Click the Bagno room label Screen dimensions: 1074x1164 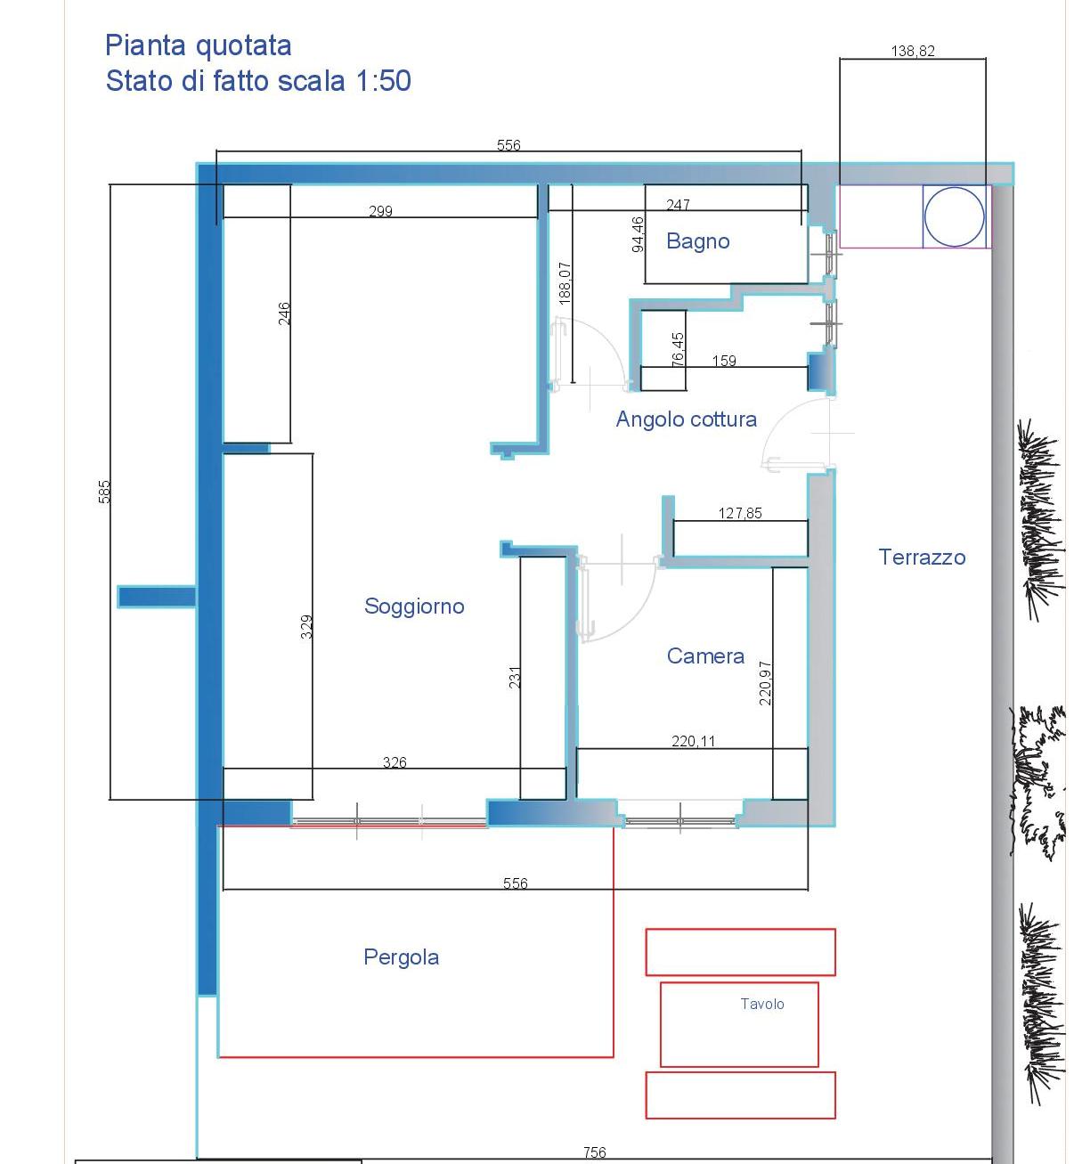(x=697, y=240)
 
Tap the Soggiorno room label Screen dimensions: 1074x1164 (x=414, y=606)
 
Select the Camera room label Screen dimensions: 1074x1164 (x=705, y=655)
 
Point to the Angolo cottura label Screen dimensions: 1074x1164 (x=686, y=419)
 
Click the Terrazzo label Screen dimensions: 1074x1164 (x=922, y=557)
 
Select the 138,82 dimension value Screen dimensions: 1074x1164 (x=913, y=51)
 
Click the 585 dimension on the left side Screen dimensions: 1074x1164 (x=104, y=492)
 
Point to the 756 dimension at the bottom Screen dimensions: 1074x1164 (x=595, y=1152)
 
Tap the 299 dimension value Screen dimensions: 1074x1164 (x=380, y=211)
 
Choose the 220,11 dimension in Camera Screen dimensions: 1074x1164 (x=694, y=742)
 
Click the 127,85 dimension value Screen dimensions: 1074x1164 (x=740, y=514)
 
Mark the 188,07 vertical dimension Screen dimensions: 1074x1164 (x=565, y=283)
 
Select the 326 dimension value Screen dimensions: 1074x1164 (x=395, y=762)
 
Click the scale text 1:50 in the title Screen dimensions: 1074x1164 (x=384, y=80)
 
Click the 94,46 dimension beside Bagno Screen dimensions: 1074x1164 (x=638, y=234)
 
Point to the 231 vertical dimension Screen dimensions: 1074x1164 (x=514, y=677)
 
